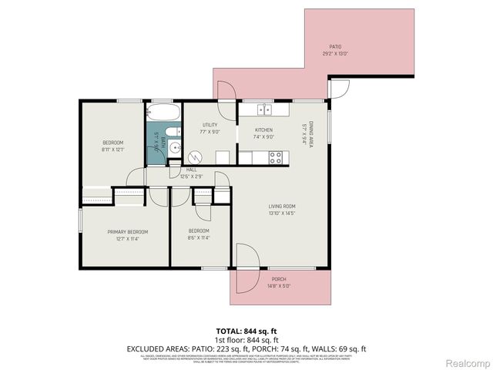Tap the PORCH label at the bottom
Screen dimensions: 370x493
[x=279, y=279]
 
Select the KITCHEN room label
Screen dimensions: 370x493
[x=265, y=130]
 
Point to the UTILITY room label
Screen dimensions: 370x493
[x=210, y=125]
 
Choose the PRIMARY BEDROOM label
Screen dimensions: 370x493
[x=127, y=231]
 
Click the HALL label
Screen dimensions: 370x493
[x=191, y=170]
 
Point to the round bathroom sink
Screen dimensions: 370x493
[x=176, y=148]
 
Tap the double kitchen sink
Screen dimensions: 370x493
[x=265, y=109]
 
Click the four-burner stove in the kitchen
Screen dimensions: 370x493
[x=274, y=156]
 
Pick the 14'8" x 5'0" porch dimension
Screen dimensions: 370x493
[x=279, y=286]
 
